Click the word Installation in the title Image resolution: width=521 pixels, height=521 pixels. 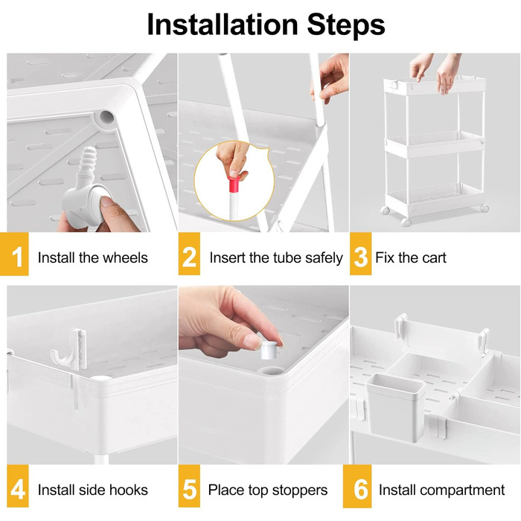coord(223,25)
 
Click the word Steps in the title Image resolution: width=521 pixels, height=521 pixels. coord(346,25)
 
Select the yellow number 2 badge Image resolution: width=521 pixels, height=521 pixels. coord(189,254)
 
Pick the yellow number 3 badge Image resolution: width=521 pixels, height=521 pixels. coord(360,254)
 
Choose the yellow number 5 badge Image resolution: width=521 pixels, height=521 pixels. coord(189,486)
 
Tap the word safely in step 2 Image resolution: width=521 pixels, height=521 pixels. coord(324,258)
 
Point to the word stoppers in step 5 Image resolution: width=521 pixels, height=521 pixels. coord(299,490)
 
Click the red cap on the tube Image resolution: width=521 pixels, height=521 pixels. coord(234,185)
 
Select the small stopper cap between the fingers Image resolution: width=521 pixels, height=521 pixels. coord(269,351)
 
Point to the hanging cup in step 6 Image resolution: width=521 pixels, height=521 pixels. coord(395,407)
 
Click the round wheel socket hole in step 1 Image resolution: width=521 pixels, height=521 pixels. coord(106,118)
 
